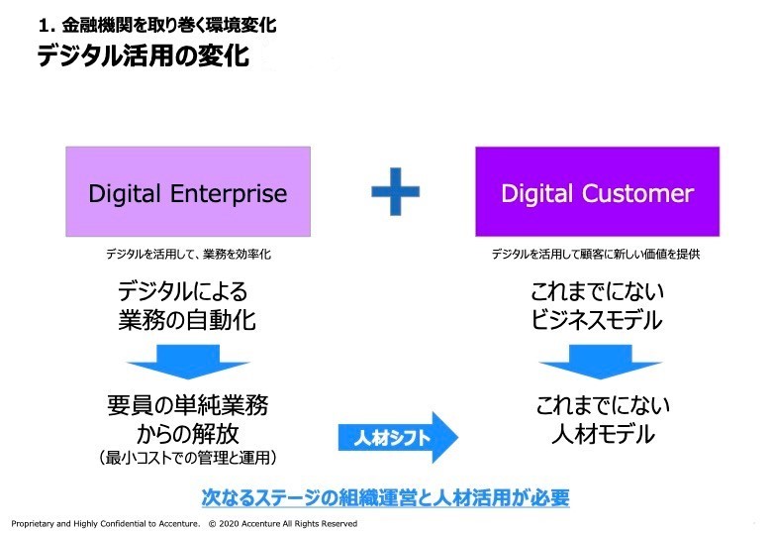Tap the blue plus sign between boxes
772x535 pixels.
[395, 191]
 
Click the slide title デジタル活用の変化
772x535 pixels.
[143, 55]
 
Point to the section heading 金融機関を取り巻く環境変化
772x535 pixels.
[163, 25]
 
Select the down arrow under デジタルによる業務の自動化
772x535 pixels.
[187, 361]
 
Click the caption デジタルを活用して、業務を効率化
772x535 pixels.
[188, 255]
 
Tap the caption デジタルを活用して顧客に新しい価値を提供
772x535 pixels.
[596, 255]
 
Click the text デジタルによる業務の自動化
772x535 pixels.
[187, 305]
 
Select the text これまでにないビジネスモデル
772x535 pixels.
[597, 305]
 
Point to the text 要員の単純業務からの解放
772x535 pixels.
[187, 419]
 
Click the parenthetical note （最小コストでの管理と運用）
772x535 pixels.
[187, 458]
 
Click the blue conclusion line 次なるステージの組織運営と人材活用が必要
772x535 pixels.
[385, 496]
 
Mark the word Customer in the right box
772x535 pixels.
[636, 193]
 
